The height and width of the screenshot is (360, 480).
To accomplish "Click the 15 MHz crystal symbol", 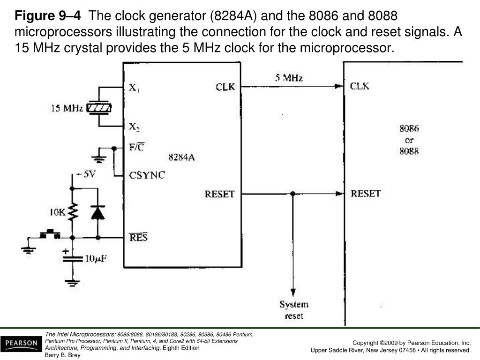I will pos(100,108).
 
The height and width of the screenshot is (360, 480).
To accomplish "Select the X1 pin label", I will pos(134,88).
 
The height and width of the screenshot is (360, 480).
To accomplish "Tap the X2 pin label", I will pos(134,126).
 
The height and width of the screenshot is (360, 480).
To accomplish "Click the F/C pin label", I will pos(136,147).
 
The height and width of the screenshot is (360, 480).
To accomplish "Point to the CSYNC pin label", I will pos(147,175).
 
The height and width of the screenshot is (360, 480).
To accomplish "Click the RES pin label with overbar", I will pos(138,237).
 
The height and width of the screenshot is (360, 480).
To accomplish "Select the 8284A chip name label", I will pos(181,157).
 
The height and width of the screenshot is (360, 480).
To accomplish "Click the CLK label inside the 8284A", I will pos(225,87).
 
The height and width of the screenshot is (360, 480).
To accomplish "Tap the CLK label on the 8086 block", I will pos(360,86).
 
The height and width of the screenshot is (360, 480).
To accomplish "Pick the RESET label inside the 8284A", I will pos(219,194).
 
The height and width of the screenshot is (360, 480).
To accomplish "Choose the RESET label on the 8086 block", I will pos(366,193).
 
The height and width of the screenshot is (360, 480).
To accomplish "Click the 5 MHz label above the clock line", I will pos(289,78).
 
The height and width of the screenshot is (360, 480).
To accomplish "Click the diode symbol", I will pos(97,213).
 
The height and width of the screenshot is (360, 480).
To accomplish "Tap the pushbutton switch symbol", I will pos(49,234).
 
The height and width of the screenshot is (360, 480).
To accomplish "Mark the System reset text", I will pos(294,310).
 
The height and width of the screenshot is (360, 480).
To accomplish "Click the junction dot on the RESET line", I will pos(292,194).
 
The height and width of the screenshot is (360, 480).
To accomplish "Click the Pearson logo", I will pos(21,344).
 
